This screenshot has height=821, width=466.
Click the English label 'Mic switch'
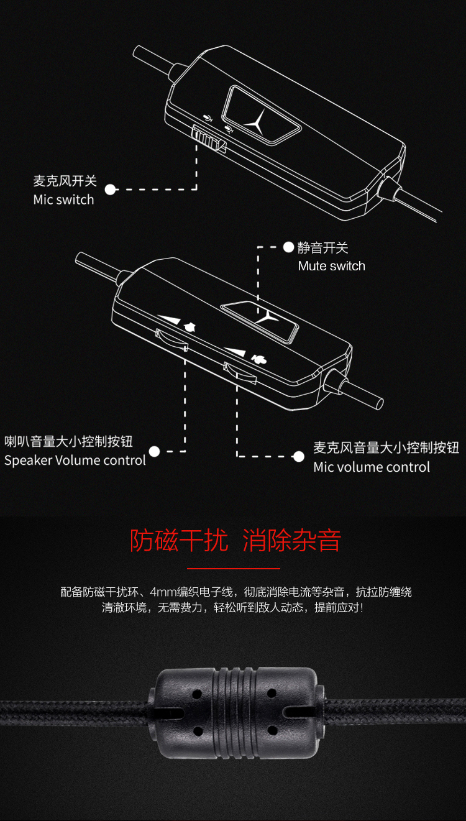[63, 200]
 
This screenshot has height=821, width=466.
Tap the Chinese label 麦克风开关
[65, 181]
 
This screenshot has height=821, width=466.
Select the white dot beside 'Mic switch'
[110, 190]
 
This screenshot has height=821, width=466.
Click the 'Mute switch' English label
[332, 266]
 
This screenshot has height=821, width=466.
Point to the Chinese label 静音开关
[322, 248]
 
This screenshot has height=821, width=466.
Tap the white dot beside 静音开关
[289, 247]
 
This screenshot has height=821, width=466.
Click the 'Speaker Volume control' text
[75, 461]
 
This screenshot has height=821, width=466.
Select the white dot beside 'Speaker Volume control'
[154, 451]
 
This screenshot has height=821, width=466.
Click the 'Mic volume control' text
[372, 467]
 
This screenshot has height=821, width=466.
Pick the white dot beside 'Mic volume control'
[299, 456]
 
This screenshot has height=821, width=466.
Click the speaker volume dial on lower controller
[171, 340]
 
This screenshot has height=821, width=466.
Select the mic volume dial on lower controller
[240, 373]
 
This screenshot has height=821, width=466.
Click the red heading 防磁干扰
[179, 540]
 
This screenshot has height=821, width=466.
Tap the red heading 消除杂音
[291, 540]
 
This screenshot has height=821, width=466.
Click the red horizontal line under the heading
[234, 569]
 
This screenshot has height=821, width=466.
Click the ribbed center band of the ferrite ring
[234, 712]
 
